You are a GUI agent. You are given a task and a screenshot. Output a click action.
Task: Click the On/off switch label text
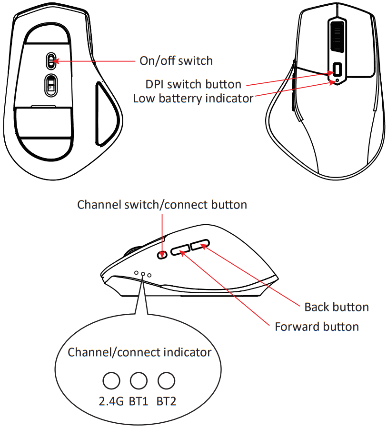pyautogui.click(x=176, y=61)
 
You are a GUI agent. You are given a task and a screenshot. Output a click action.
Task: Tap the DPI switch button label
pyautogui.click(x=193, y=85)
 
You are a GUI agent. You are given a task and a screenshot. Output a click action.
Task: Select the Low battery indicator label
pyautogui.click(x=193, y=99)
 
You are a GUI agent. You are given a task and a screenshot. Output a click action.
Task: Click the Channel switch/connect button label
pyautogui.click(x=162, y=205)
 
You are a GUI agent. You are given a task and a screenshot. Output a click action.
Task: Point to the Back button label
pyautogui.click(x=336, y=307)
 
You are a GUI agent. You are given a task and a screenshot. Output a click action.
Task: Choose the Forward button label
pyautogui.click(x=317, y=327)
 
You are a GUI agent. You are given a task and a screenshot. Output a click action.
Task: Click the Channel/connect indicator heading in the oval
pyautogui.click(x=139, y=352)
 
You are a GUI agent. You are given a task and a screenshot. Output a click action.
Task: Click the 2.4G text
pyautogui.click(x=111, y=401)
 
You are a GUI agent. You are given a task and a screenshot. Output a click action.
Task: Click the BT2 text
pyautogui.click(x=166, y=401)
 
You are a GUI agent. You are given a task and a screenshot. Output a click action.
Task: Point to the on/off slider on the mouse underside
pyautogui.click(x=51, y=61)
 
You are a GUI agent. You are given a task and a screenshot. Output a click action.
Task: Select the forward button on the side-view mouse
pyautogui.click(x=180, y=250)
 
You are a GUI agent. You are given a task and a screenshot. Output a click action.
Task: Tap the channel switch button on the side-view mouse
pyautogui.click(x=162, y=255)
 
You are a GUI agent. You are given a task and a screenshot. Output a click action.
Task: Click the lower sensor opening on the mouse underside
pyautogui.click(x=51, y=84)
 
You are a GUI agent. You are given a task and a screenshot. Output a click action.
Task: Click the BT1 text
pyautogui.click(x=139, y=401)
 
